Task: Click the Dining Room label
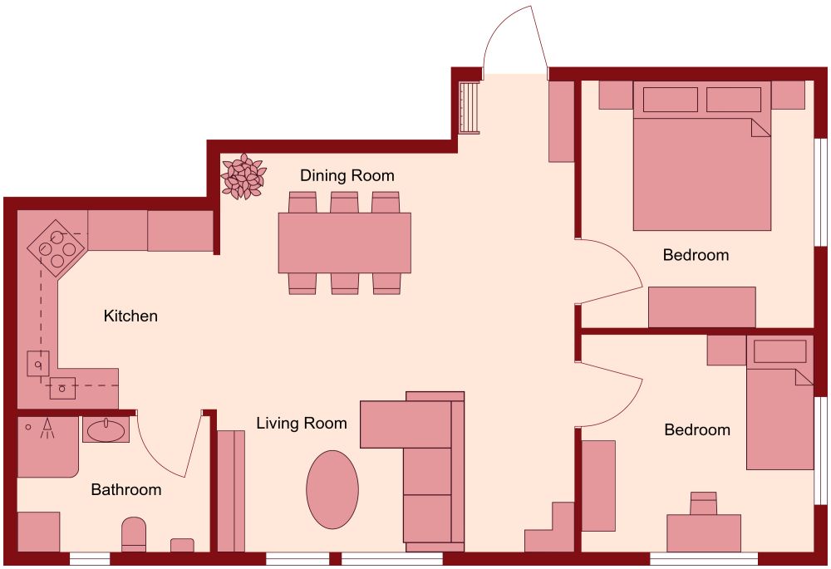347,176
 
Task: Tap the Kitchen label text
130,316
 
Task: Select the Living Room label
301,424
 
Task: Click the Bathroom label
125,490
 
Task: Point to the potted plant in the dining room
243,176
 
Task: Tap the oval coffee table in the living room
332,489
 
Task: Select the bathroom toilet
134,535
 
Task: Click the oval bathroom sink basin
106,430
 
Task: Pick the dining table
344,243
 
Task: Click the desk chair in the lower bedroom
703,503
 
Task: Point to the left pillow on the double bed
670,100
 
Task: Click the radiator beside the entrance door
470,107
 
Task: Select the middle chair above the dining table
344,203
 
